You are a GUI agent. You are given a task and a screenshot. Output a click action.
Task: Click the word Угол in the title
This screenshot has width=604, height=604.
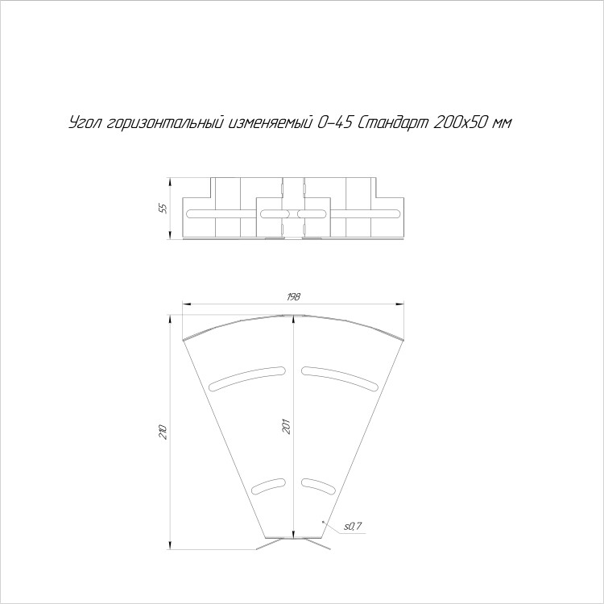[85, 123]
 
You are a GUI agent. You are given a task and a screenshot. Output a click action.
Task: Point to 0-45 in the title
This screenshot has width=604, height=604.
[334, 123]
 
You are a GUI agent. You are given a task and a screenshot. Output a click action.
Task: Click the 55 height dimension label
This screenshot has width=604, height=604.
[164, 209]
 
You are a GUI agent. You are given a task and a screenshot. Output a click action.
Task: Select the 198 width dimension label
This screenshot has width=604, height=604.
[293, 296]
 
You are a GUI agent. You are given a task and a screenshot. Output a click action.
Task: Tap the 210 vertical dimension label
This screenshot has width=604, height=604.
[163, 432]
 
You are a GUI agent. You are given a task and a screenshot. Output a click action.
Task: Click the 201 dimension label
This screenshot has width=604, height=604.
[287, 426]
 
